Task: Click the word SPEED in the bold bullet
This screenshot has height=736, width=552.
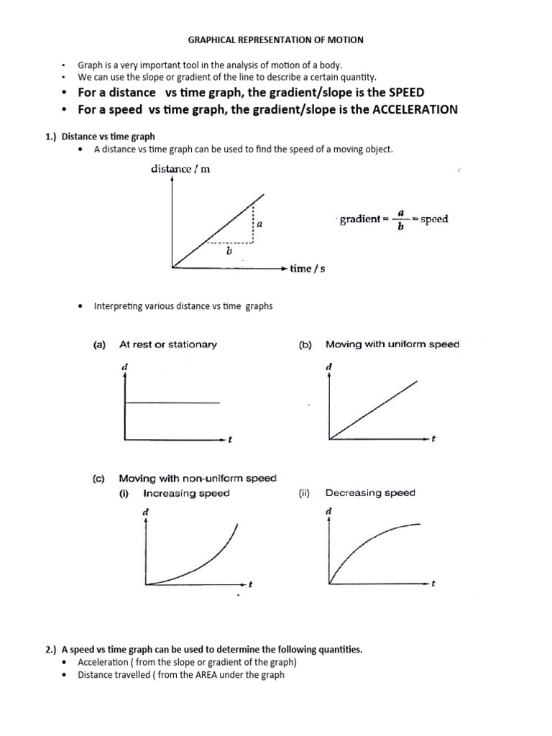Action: (406, 93)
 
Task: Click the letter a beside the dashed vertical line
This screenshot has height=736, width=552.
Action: (259, 224)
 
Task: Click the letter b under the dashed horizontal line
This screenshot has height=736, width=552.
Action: (229, 252)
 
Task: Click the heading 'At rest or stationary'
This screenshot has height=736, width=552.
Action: (167, 344)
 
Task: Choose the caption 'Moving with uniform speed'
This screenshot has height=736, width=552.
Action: (392, 344)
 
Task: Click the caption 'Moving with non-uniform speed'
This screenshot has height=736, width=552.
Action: (197, 478)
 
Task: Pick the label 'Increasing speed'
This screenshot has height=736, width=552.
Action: (186, 493)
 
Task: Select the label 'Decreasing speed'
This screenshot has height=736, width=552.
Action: (370, 493)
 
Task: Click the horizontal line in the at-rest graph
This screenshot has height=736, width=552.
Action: (172, 402)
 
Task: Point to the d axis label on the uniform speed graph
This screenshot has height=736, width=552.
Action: (329, 367)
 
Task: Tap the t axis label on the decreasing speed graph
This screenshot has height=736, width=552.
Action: (434, 584)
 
